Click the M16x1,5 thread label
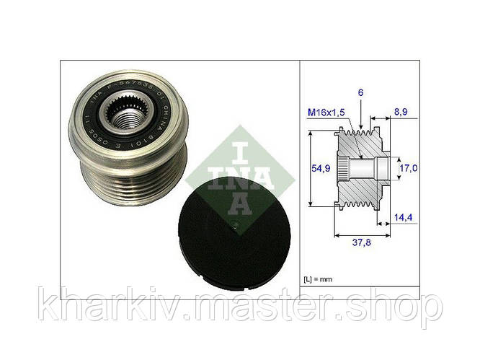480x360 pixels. pos(326,114)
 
